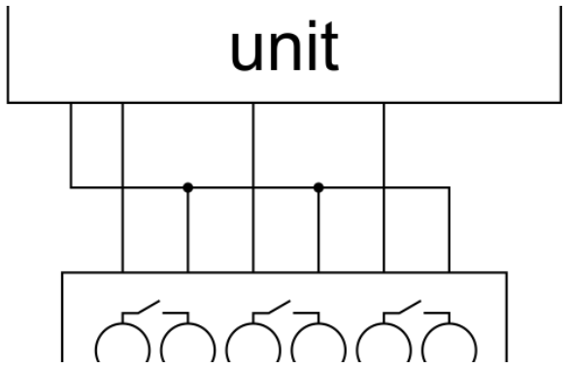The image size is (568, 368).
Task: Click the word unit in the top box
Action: click(x=284, y=46)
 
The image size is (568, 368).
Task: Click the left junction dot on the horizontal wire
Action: click(x=187, y=187)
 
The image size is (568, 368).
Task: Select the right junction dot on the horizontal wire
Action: click(x=318, y=187)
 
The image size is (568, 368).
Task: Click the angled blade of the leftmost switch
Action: click(x=149, y=307)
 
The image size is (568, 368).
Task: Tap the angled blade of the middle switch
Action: click(x=280, y=307)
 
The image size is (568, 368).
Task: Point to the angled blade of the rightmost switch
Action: click(x=410, y=307)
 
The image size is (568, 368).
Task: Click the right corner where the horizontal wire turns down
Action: click(x=450, y=187)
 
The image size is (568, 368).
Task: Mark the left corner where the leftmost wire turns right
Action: click(x=71, y=187)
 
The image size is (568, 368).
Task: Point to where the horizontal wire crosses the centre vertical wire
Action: click(x=253, y=187)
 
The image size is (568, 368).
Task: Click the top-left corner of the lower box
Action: click(x=62, y=272)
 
